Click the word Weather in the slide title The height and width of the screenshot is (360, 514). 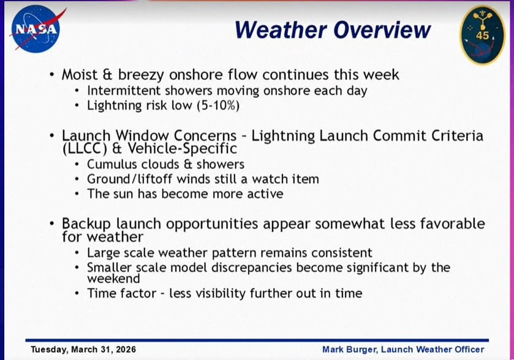tap(274, 29)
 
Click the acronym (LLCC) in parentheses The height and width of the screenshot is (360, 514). tap(85, 148)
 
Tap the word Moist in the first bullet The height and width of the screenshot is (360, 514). tap(81, 75)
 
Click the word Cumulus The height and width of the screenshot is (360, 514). tap(111, 164)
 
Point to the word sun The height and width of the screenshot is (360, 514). tap(123, 194)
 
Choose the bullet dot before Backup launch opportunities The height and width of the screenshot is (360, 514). tap(53, 224)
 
